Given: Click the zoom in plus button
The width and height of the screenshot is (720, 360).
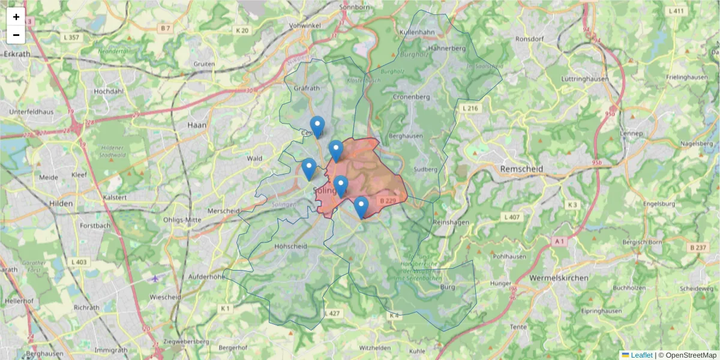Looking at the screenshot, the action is click(x=16, y=17).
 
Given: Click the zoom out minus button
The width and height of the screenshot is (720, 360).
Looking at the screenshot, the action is click(x=16, y=35).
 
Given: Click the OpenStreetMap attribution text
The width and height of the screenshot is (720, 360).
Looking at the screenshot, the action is click(x=691, y=355).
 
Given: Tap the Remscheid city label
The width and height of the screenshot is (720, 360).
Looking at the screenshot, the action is click(x=521, y=169).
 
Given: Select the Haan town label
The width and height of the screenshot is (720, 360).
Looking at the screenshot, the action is click(x=197, y=125).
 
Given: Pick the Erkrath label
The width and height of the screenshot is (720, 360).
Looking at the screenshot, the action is click(x=17, y=53).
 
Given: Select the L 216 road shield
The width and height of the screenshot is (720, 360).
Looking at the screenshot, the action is click(x=470, y=108).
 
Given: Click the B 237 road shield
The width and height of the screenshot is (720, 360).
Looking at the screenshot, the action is click(x=698, y=247).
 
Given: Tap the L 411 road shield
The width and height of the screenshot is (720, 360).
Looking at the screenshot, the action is click(x=676, y=11).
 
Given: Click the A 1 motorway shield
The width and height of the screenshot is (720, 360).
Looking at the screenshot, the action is click(x=559, y=241).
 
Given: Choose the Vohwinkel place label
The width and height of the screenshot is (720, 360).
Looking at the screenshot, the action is click(x=306, y=26).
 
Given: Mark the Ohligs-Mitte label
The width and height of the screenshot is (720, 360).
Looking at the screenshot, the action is click(x=182, y=220).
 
